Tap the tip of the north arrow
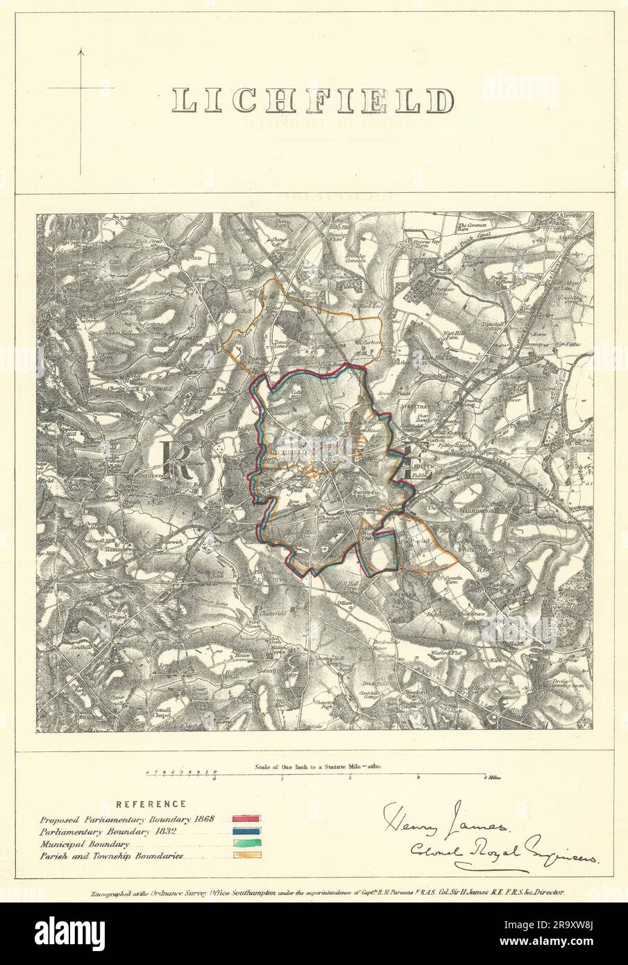tap(81, 49)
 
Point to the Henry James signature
tap(444, 828)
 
